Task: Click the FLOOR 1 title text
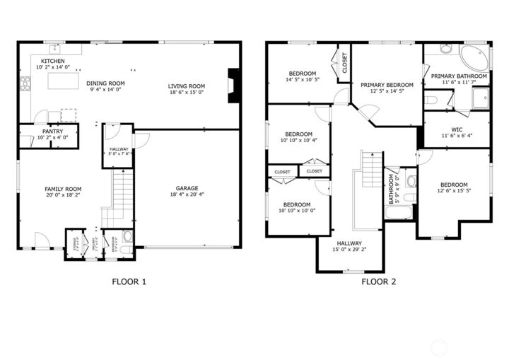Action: point(129,281)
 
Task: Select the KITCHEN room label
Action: point(52,62)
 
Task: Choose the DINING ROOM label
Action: point(106,83)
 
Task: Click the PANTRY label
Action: point(52,131)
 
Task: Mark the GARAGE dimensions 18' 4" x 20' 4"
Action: point(187,194)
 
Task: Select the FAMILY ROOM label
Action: point(63,189)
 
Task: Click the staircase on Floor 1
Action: point(122,191)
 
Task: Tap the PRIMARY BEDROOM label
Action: point(387,85)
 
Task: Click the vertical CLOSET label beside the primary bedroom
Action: point(345,63)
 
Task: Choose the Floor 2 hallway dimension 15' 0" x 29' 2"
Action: point(350,249)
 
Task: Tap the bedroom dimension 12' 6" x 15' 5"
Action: point(453,190)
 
